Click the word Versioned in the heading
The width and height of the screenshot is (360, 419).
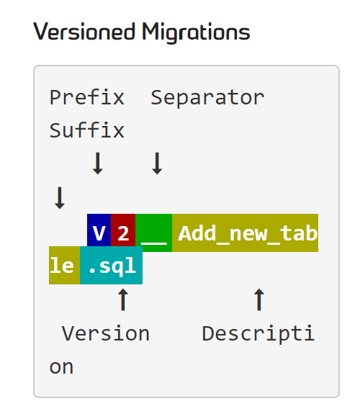click(x=84, y=32)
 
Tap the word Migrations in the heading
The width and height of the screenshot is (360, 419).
click(x=196, y=33)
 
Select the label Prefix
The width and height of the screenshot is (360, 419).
click(x=87, y=97)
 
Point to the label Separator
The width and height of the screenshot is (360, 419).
click(x=207, y=98)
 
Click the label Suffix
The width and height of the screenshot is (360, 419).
click(x=87, y=130)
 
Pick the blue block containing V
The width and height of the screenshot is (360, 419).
click(x=99, y=233)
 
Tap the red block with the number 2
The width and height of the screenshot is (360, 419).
click(x=123, y=233)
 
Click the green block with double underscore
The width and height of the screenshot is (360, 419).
click(x=153, y=233)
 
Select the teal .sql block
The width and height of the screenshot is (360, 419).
click(x=111, y=265)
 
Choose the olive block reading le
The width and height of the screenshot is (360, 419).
click(x=64, y=265)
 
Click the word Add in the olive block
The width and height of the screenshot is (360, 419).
click(x=197, y=233)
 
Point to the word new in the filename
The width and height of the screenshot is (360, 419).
click(x=248, y=234)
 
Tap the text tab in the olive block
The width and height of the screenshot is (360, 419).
click(x=299, y=233)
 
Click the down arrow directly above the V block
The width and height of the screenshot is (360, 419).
click(x=98, y=163)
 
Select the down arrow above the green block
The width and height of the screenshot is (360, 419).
click(x=157, y=163)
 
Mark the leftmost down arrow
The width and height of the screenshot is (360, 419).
click(x=60, y=198)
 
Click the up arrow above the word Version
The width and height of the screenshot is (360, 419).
click(x=123, y=299)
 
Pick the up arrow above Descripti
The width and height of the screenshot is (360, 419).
click(x=259, y=299)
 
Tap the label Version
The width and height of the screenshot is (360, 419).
click(x=106, y=333)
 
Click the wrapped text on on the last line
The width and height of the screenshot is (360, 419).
click(x=61, y=367)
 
